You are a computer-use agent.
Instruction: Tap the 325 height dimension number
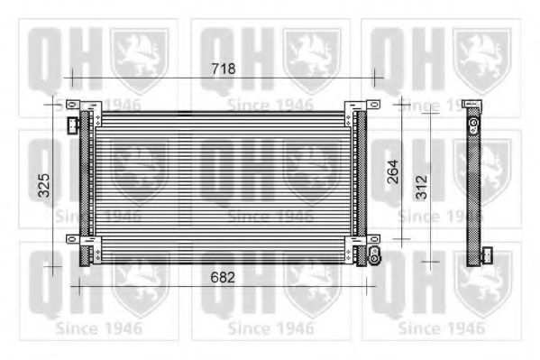point(42,186)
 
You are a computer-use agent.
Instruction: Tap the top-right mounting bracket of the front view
point(364,107)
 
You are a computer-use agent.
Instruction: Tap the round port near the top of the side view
point(473,120)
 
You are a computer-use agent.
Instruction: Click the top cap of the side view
point(471,106)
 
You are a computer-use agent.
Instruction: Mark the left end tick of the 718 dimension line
point(69,78)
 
